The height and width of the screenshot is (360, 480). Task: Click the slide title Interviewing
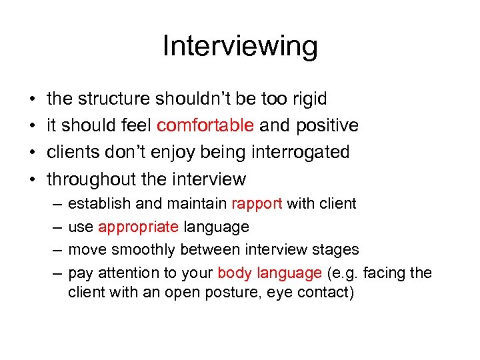pos(240,47)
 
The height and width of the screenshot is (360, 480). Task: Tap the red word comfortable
pos(205,126)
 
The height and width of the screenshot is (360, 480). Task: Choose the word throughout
pos(91,179)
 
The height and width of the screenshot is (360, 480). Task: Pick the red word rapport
pos(257,204)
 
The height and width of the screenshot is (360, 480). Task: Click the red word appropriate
pos(138,227)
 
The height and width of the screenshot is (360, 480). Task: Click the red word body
pos(233,273)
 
